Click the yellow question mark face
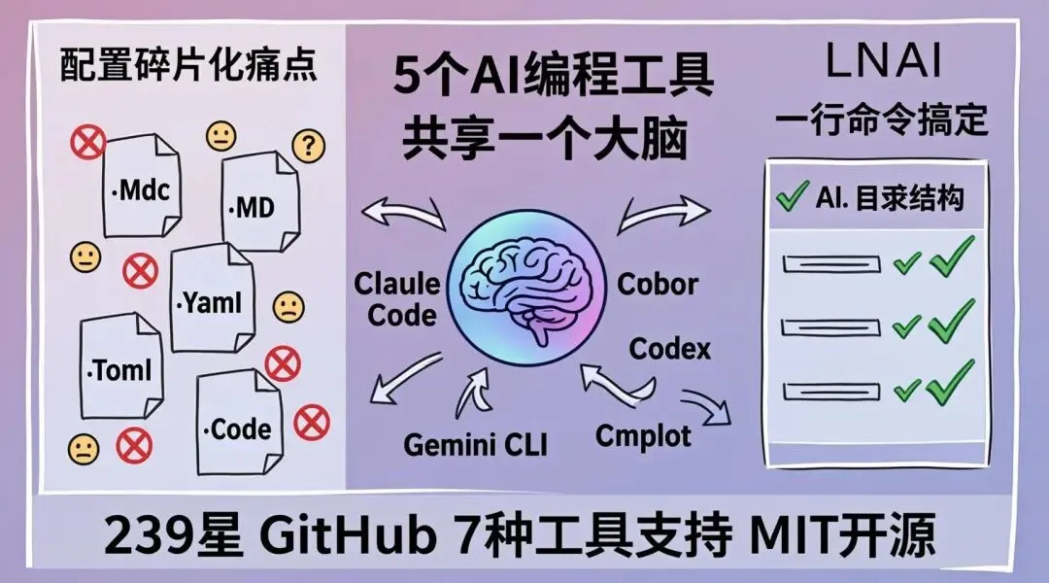point(308,147)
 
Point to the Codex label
point(670,348)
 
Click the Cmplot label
point(643,434)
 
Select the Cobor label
point(658,285)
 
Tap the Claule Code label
point(396,299)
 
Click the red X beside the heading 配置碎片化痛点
point(88,143)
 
